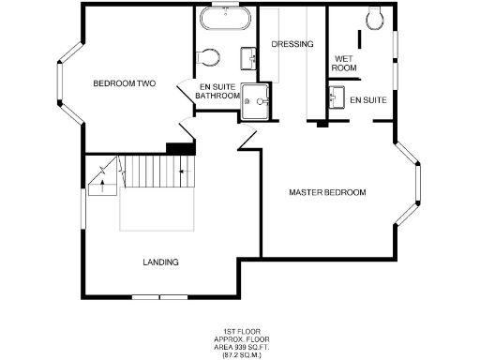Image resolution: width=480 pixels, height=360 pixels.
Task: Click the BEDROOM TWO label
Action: click(124, 83)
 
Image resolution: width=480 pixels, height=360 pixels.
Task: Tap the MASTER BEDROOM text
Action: click(327, 192)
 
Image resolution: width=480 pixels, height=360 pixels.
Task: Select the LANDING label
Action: click(160, 262)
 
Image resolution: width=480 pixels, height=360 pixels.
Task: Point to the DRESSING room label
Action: click(292, 44)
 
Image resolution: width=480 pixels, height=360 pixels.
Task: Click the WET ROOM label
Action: click(345, 64)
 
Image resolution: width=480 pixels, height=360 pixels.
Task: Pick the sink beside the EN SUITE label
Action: click(336, 97)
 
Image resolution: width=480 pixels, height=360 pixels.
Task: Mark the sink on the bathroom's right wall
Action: click(249, 59)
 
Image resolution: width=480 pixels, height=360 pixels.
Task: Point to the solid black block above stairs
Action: click(178, 147)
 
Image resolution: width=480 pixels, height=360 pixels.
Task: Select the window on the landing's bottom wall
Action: click(159, 297)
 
